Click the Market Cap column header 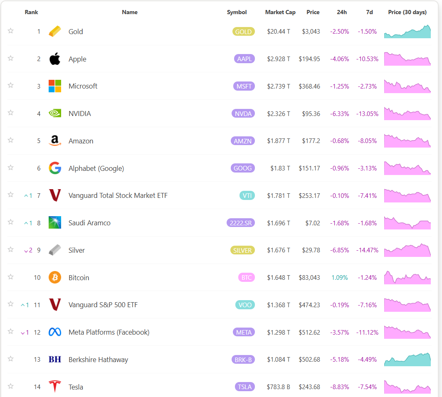(x=280, y=12)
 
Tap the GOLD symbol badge (x=243, y=32)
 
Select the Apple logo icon (x=55, y=59)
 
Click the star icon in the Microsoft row (x=11, y=85)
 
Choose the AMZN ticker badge (x=242, y=141)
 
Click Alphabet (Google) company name (x=96, y=168)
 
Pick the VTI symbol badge (x=247, y=195)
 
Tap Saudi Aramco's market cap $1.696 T (x=279, y=223)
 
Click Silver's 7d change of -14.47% (x=367, y=250)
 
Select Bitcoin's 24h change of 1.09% (x=339, y=278)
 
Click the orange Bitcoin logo (x=55, y=277)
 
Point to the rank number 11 (x=37, y=305)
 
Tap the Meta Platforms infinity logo (x=55, y=332)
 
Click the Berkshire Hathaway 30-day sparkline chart (x=407, y=360)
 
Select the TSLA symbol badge (x=244, y=387)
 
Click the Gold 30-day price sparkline (x=407, y=32)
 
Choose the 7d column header (x=369, y=12)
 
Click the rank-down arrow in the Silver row (x=26, y=251)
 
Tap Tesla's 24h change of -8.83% (x=339, y=387)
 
